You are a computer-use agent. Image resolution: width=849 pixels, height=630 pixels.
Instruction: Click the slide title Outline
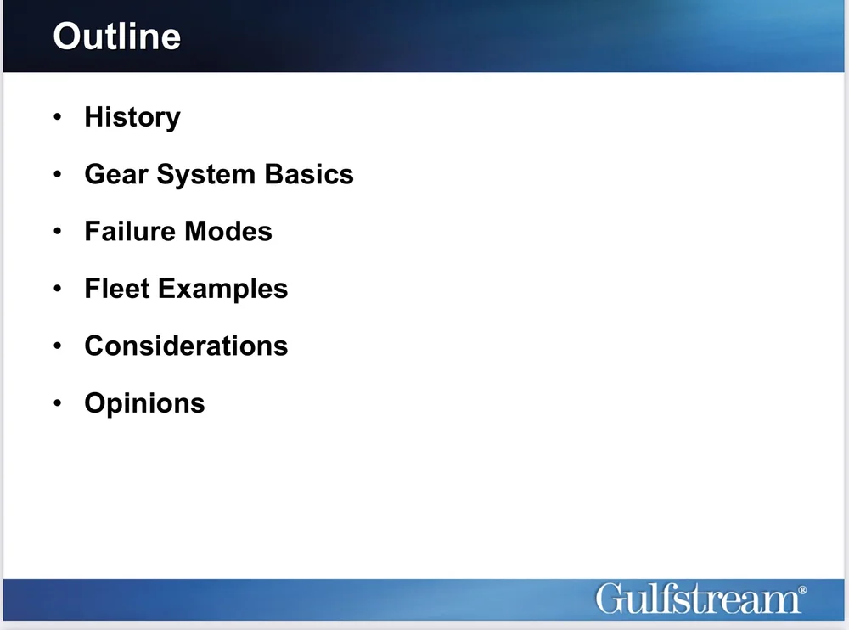(x=116, y=37)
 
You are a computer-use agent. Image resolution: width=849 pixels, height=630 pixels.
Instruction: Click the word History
(x=132, y=117)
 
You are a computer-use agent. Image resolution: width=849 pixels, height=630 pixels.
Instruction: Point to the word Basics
(x=308, y=174)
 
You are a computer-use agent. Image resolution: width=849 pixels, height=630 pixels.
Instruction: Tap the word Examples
(x=222, y=290)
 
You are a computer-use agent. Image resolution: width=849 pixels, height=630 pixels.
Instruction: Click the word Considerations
(x=186, y=346)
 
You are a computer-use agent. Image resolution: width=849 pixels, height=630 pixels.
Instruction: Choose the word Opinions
(x=144, y=403)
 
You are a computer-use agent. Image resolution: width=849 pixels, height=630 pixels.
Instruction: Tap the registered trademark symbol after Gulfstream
(x=802, y=588)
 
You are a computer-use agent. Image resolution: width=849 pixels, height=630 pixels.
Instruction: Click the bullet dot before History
(x=57, y=117)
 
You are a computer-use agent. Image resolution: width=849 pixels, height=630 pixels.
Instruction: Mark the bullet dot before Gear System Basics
(x=57, y=175)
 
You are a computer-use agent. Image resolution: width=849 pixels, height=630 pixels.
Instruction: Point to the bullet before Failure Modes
(x=57, y=232)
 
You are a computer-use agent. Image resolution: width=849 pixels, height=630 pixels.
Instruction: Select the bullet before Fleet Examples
(x=57, y=289)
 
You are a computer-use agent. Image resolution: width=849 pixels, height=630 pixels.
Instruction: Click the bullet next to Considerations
(x=57, y=346)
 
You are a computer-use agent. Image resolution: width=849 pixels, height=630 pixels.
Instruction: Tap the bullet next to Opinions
(x=57, y=402)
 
